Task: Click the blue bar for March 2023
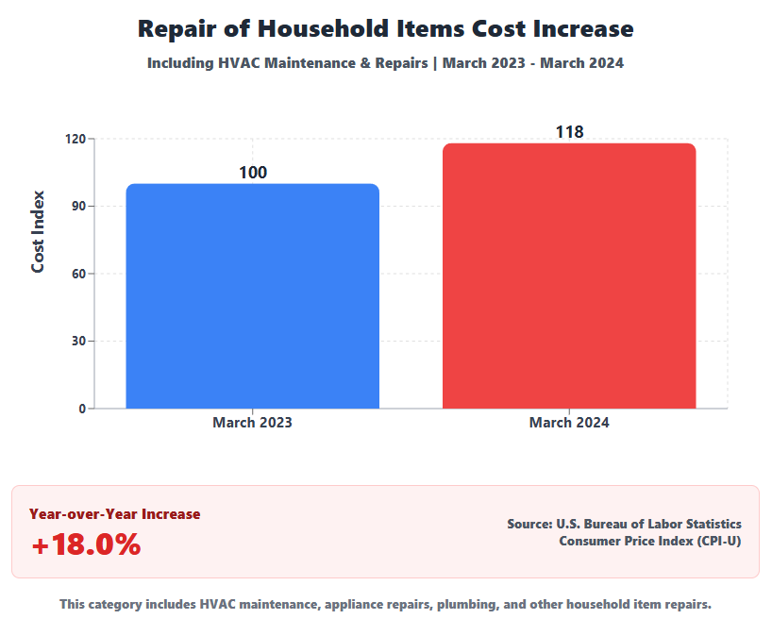(x=252, y=296)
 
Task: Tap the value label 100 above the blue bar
(x=253, y=173)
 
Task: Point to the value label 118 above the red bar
(x=569, y=133)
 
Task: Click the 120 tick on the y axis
(x=76, y=139)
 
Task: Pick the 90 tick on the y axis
(x=78, y=206)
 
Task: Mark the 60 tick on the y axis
(x=78, y=274)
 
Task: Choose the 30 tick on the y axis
(x=78, y=342)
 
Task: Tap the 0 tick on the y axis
(x=82, y=409)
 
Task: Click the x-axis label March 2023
(x=252, y=423)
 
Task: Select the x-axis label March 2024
(x=569, y=423)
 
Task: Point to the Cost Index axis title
(x=39, y=232)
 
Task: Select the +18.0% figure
(x=86, y=545)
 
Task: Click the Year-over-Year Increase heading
(x=114, y=514)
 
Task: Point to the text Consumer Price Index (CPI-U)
(x=650, y=541)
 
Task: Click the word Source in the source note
(x=524, y=524)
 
